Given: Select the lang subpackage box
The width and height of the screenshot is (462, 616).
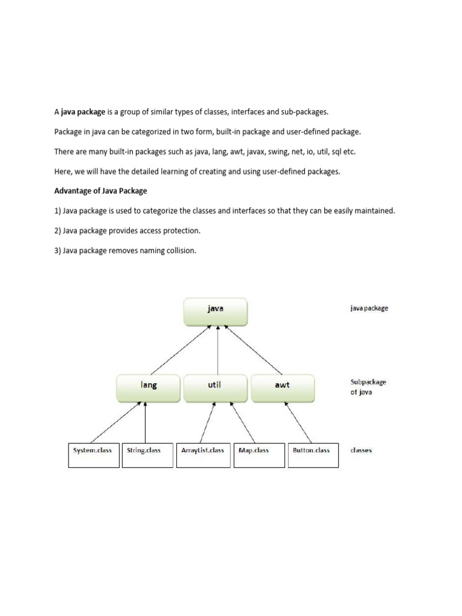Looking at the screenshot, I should click(x=148, y=388).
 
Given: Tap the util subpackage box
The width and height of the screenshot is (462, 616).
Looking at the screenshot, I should click(x=215, y=388).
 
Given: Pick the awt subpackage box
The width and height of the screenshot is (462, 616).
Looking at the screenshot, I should click(x=282, y=388).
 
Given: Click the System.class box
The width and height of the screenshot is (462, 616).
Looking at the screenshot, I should click(x=93, y=455).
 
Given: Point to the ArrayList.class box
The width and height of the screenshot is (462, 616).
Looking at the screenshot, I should click(x=203, y=455).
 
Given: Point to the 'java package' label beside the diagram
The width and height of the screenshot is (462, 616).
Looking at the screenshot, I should click(x=369, y=308).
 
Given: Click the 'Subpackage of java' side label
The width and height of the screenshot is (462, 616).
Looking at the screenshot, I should click(x=368, y=386).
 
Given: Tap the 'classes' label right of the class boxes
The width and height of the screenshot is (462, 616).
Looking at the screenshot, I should click(x=361, y=450).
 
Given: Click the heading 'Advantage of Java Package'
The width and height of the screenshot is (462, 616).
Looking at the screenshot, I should click(x=100, y=191).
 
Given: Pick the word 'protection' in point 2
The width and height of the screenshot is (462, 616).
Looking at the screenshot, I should click(x=180, y=230).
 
